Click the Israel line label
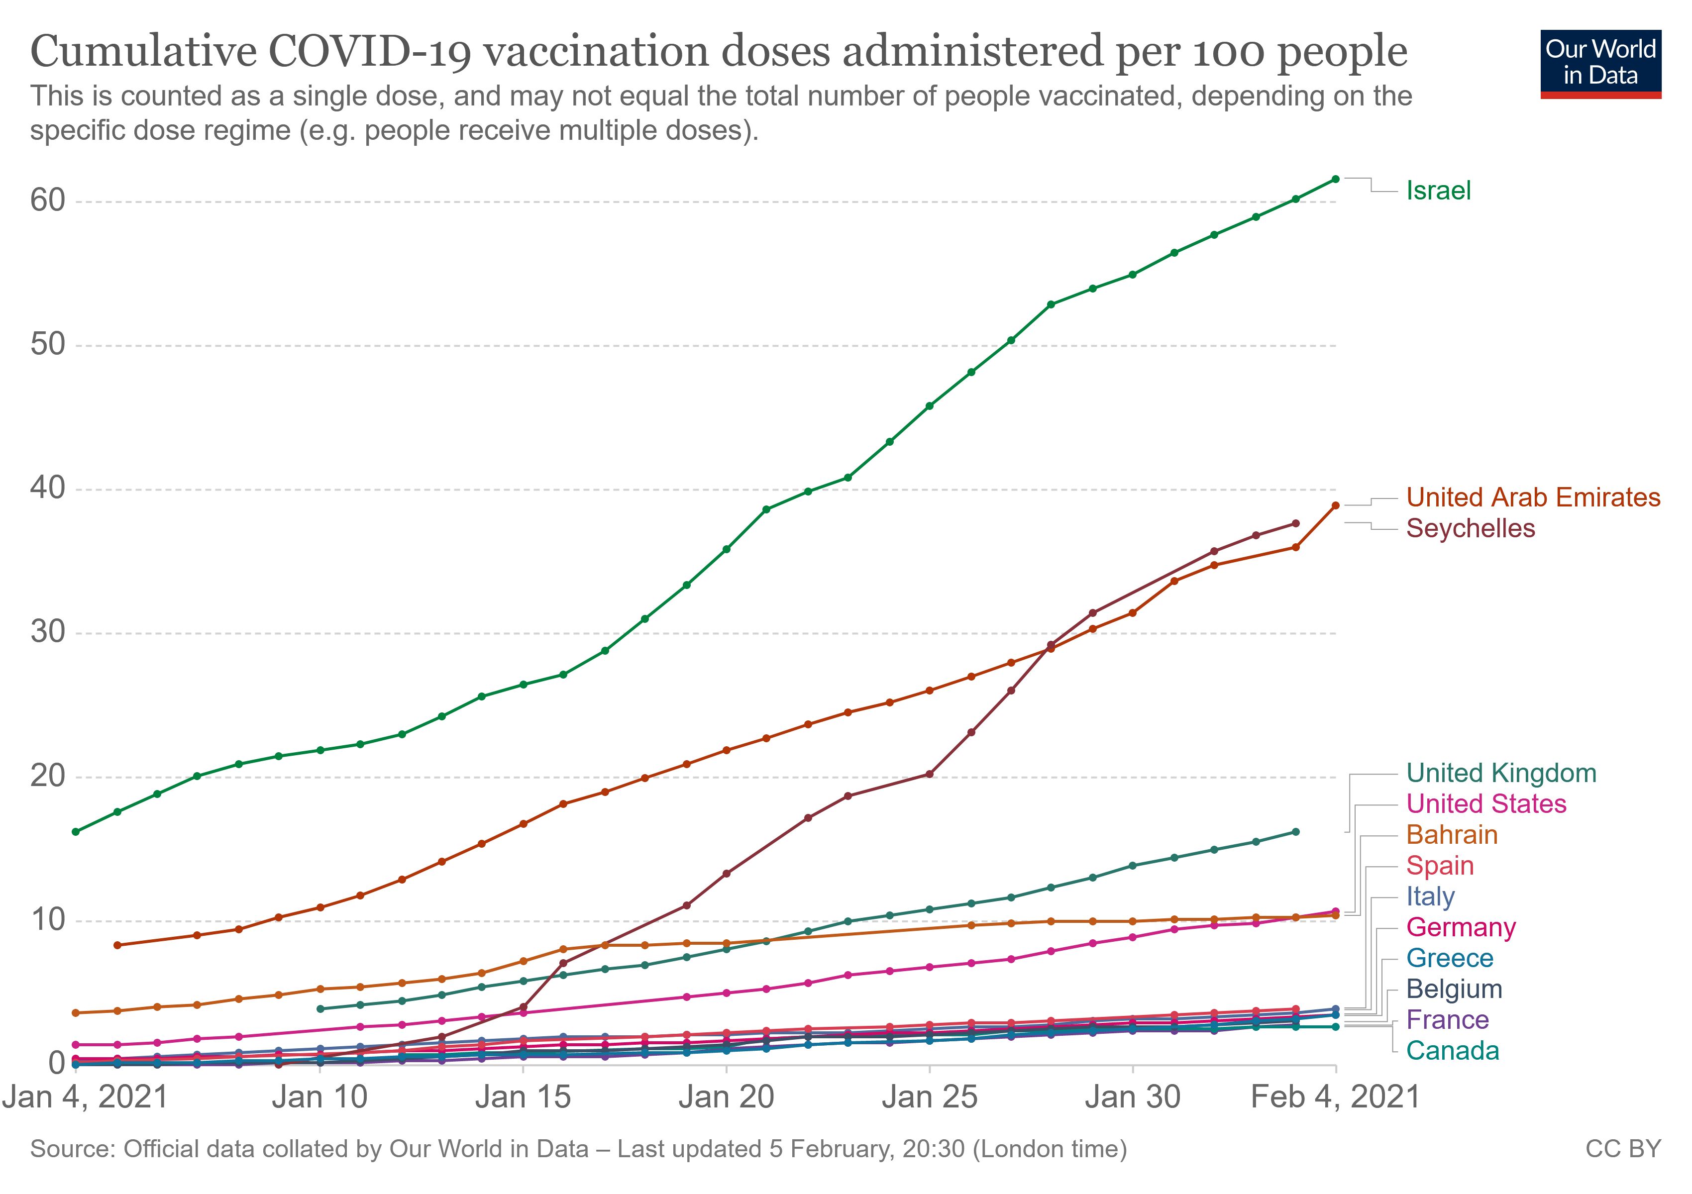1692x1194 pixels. pyautogui.click(x=1438, y=191)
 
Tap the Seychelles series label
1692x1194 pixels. pyautogui.click(x=1470, y=528)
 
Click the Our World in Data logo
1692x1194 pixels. pyautogui.click(x=1600, y=63)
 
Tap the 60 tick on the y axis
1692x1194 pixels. pyautogui.click(x=47, y=200)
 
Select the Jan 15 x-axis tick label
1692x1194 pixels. pyautogui.click(x=523, y=1097)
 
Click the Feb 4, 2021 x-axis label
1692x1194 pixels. pyautogui.click(x=1335, y=1097)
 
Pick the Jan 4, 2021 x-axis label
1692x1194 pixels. pyautogui.click(x=86, y=1097)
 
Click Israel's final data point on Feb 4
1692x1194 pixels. pyautogui.click(x=1335, y=179)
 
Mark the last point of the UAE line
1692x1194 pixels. pyautogui.click(x=1335, y=505)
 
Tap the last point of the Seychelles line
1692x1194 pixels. pyautogui.click(x=1295, y=524)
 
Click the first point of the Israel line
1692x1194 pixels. pyautogui.click(x=76, y=832)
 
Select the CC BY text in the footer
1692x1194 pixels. pyautogui.click(x=1623, y=1149)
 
